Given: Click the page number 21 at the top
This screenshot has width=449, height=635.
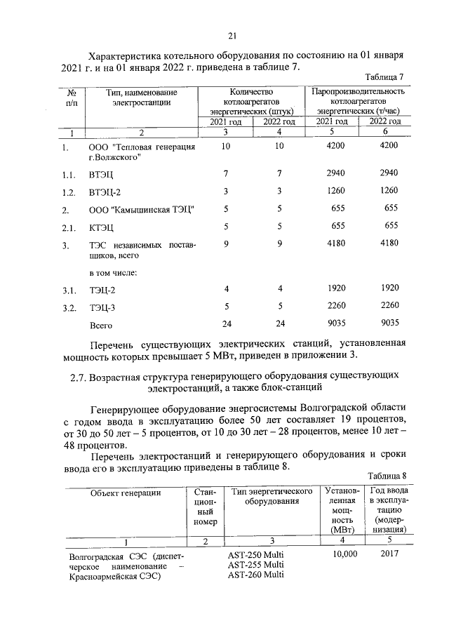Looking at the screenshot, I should (x=232, y=36).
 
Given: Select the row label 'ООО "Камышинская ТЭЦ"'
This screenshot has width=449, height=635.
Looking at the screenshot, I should (x=141, y=209).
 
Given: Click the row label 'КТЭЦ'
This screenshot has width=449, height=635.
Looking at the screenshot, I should (x=101, y=227).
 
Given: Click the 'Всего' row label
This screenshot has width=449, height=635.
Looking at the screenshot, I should (x=100, y=326).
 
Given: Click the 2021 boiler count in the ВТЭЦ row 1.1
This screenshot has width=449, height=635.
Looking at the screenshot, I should (x=225, y=173).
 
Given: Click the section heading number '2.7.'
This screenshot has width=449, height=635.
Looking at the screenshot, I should (x=79, y=377).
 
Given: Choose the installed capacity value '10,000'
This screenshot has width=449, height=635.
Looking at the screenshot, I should (x=342, y=554).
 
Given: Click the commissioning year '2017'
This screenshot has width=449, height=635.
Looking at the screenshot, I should (x=387, y=554).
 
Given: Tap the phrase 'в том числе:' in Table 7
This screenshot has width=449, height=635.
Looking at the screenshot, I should (x=112, y=272).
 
